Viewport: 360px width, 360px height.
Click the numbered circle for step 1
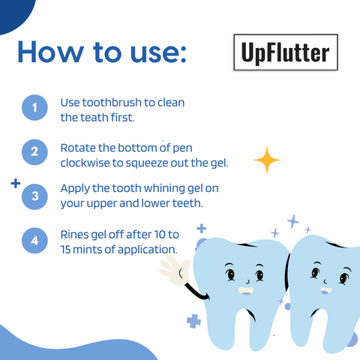34,109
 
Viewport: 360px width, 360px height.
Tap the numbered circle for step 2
34,152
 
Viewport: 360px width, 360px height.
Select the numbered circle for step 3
34,196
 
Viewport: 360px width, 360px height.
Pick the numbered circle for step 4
34,241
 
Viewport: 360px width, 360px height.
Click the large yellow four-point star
266,158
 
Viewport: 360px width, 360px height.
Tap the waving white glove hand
175,271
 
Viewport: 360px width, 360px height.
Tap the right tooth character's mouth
325,290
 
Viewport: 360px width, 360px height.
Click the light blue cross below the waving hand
194,321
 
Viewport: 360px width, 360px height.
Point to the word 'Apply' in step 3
77,188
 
